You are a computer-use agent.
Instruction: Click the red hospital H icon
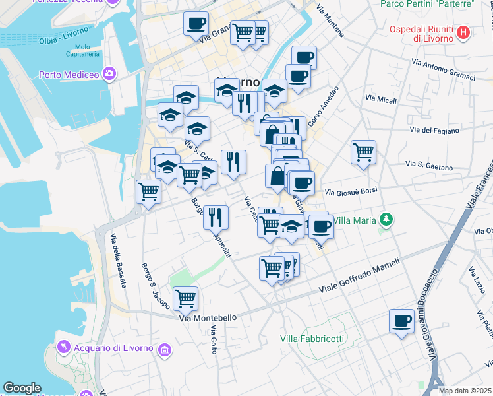click(x=463, y=32)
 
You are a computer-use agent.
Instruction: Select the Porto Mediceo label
click(x=69, y=74)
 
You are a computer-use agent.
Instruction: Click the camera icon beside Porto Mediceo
click(x=109, y=74)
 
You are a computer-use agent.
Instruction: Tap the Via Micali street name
click(x=381, y=100)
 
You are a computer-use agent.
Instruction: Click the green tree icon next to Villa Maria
click(x=388, y=220)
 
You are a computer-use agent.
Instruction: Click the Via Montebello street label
click(x=208, y=317)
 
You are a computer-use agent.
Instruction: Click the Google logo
click(x=22, y=388)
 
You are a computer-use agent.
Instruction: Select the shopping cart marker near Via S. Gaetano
click(x=363, y=152)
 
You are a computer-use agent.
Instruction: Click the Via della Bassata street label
click(x=118, y=261)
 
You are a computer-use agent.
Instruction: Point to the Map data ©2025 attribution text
click(x=465, y=391)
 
